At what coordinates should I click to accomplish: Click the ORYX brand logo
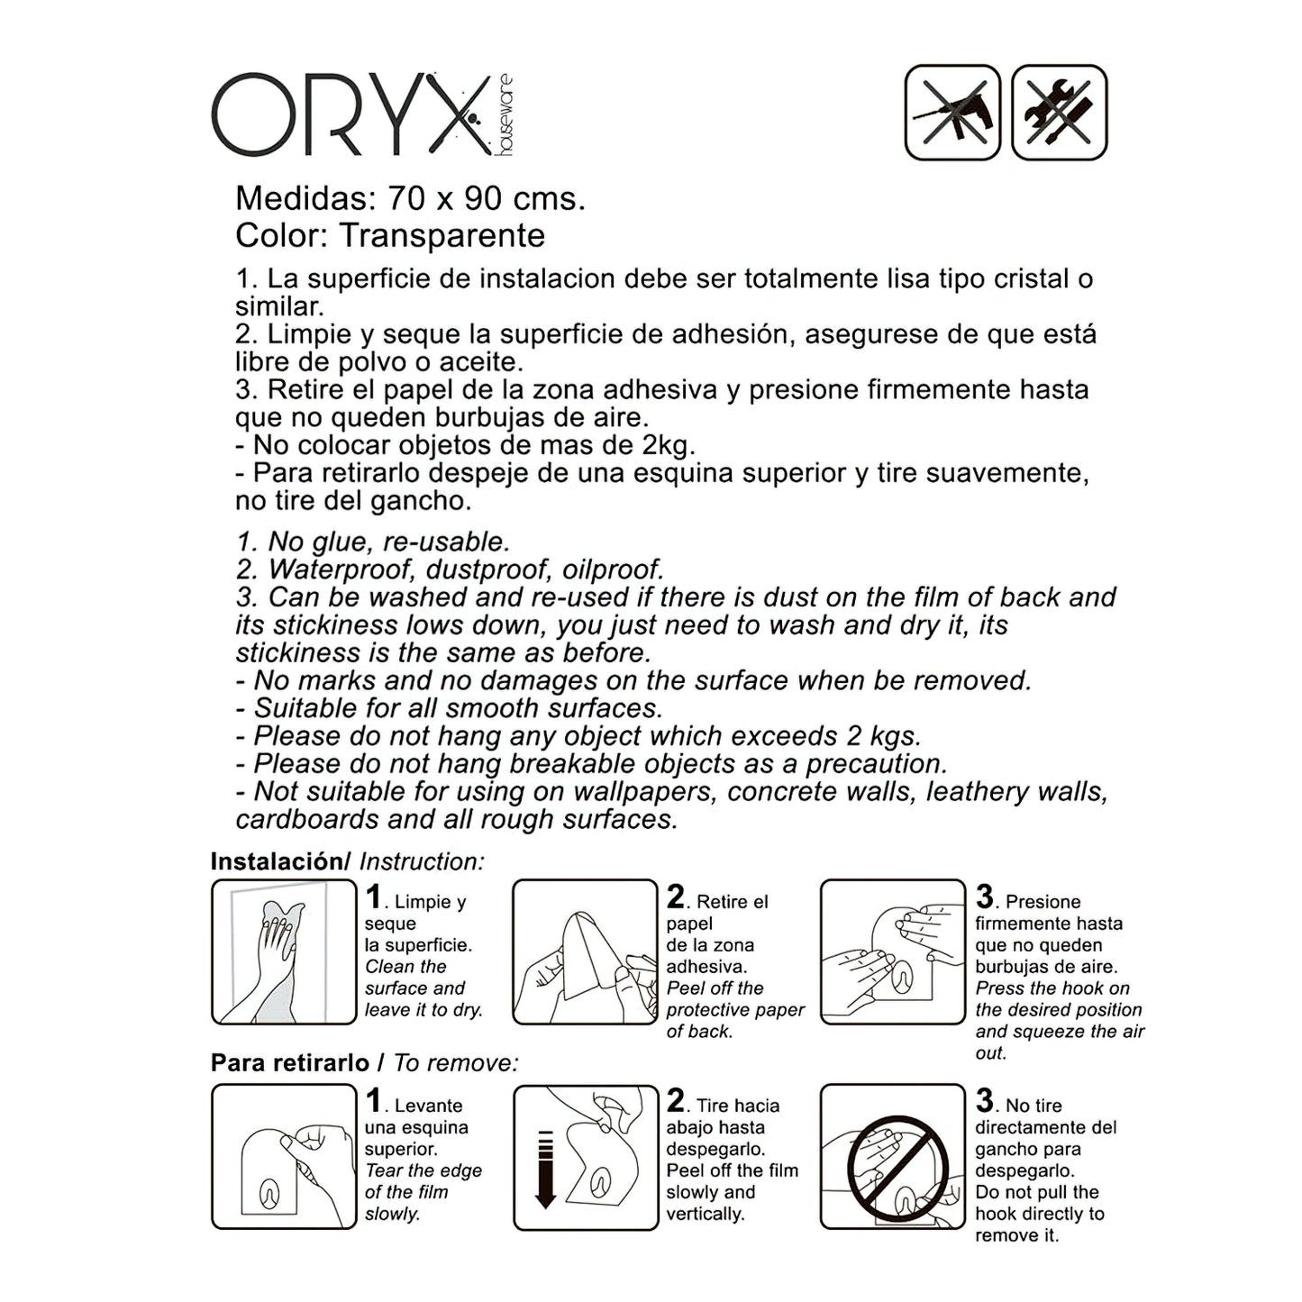362,114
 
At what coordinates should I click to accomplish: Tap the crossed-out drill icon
952,112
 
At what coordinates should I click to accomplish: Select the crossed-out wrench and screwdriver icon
1059,112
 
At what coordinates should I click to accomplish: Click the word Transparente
442,236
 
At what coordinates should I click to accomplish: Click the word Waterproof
341,570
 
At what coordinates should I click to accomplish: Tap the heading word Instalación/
280,861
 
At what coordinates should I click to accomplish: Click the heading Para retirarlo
290,1063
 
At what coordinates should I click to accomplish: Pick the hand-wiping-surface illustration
284,951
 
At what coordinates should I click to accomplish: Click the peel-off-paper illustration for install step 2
585,951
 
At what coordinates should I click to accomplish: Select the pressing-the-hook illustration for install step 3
893,951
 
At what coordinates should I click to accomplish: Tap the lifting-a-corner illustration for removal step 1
284,1157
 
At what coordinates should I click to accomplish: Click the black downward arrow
544,1170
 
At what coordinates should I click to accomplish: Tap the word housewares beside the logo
505,115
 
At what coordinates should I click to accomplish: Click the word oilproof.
614,570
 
